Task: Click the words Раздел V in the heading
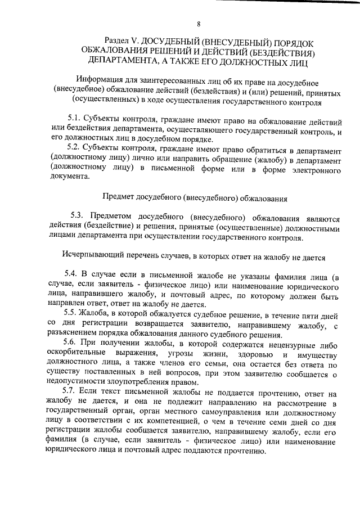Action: pos(121,42)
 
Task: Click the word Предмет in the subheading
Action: pos(121,198)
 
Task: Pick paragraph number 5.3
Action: pos(77,218)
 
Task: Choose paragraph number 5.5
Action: pos(73,312)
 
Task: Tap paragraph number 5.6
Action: pos(73,341)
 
